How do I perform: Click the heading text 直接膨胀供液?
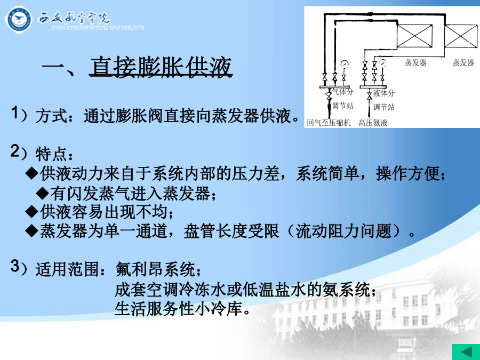point(161,67)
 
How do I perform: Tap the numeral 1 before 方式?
point(15,113)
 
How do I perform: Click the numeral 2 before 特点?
point(15,151)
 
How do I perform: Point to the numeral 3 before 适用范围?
point(15,266)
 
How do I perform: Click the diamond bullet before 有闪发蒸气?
point(42,193)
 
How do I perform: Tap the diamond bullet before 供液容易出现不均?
point(31,212)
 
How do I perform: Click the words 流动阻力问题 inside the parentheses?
point(344,230)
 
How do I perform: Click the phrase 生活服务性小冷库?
point(179,309)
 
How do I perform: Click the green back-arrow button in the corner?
point(466,352)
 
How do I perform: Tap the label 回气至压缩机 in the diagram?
point(329,123)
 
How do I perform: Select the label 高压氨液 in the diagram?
point(373,123)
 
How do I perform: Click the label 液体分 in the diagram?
point(383,93)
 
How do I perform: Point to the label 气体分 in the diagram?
point(342,92)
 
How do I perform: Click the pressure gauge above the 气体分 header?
point(345,64)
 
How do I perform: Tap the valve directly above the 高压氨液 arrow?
point(370,95)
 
